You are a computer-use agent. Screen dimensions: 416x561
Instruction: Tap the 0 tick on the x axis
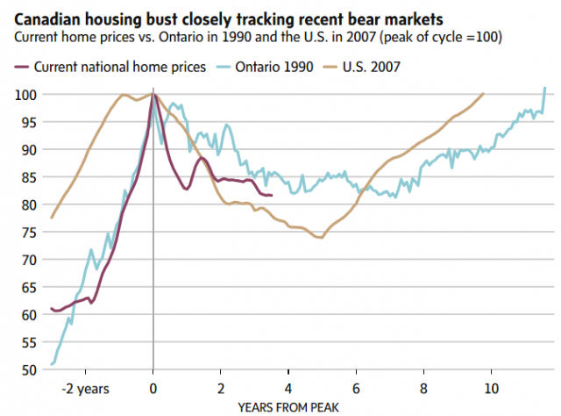point(153,387)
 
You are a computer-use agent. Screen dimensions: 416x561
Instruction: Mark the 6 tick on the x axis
point(356,387)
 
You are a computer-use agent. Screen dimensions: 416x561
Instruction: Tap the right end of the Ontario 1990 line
point(545,88)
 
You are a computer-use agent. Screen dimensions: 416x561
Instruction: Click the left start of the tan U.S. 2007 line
point(52,217)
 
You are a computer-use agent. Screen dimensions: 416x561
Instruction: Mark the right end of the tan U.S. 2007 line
point(483,94)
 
